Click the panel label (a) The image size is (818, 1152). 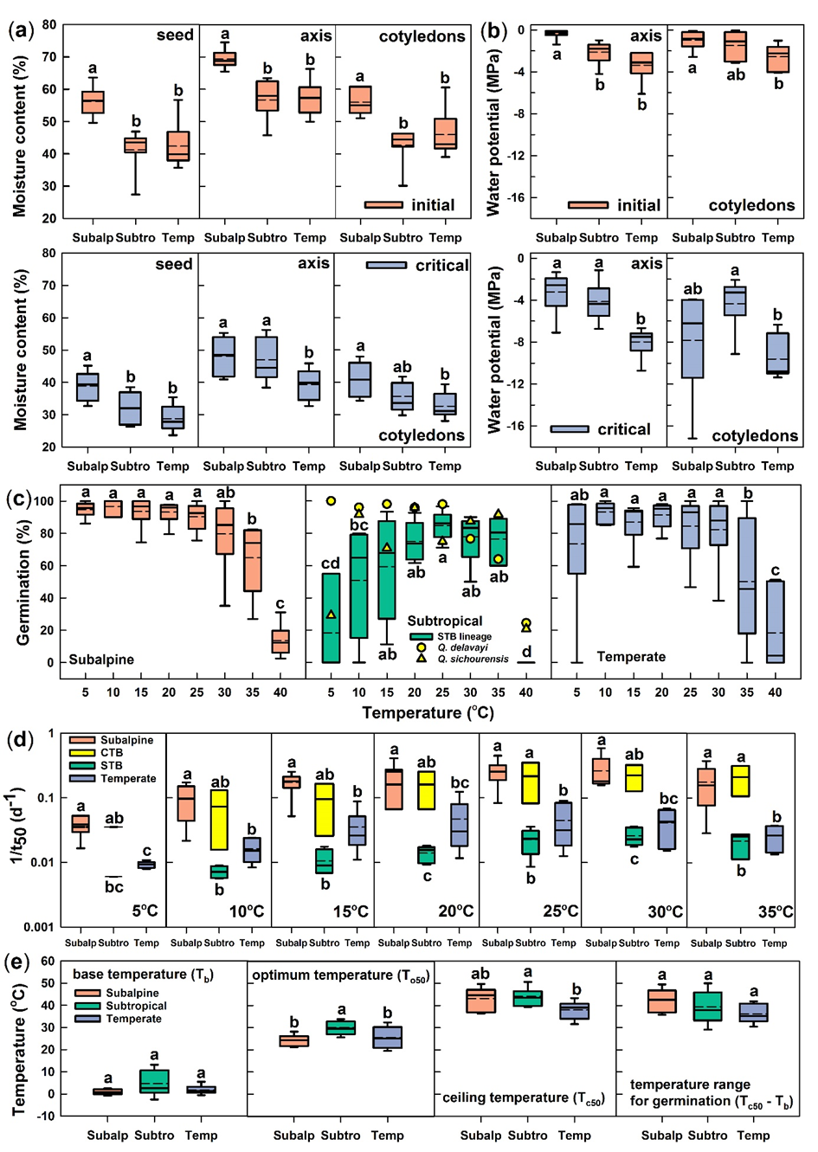21,31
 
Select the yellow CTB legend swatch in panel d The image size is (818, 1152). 82,753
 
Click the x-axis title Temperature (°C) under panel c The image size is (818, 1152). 428,713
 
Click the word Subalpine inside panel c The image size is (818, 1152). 101,660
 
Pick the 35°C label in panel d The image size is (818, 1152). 776,911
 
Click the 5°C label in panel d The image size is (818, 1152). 145,911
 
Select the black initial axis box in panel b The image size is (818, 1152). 556,33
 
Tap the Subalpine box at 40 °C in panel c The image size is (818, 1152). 280,641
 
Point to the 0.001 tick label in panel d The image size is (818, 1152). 40,927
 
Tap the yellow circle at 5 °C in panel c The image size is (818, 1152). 331,500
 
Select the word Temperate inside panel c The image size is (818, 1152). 631,657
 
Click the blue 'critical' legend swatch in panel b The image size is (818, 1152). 570,429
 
